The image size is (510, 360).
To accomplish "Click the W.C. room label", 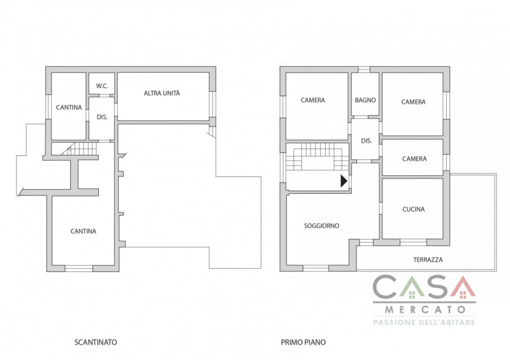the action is click(102, 86).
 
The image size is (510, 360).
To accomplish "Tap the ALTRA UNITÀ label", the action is click(162, 93).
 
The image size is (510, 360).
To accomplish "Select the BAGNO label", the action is click(365, 100).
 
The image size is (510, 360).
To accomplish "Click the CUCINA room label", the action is click(413, 209).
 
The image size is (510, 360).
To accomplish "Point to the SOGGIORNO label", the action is click(322, 226).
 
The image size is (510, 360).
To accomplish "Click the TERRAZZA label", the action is click(428, 259).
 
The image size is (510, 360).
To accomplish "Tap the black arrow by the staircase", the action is click(344, 181).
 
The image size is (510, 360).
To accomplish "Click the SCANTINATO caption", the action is click(96, 342).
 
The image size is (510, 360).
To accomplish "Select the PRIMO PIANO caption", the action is click(303, 342).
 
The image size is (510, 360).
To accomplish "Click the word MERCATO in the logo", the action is click(425, 309).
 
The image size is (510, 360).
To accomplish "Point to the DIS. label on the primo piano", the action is click(366, 141).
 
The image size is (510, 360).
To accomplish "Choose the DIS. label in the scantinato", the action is click(102, 117).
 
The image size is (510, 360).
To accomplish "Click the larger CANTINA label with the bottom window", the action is click(84, 231).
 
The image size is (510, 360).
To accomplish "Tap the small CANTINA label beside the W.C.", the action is click(69, 107).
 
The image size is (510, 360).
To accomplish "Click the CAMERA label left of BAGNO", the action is click(313, 100).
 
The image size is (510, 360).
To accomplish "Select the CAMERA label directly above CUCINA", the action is click(414, 159).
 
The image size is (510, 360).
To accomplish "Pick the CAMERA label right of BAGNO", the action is click(413, 102).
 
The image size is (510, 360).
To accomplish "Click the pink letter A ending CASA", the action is click(463, 287).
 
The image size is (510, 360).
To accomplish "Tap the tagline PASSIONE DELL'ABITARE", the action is click(424, 322).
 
